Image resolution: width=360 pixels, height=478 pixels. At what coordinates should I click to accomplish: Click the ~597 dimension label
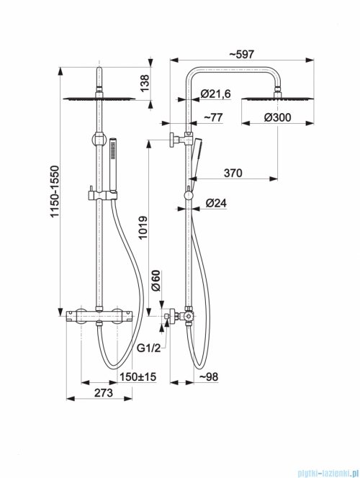(x=241, y=54)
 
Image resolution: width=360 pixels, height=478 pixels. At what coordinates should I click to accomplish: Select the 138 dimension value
(x=145, y=84)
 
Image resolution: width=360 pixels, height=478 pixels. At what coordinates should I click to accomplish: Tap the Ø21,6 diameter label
(x=216, y=94)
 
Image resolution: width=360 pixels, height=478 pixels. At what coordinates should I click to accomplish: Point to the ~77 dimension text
(x=213, y=117)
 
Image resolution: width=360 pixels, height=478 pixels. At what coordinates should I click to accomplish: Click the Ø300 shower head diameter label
(x=277, y=117)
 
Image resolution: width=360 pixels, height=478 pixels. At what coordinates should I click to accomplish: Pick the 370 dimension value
(x=233, y=173)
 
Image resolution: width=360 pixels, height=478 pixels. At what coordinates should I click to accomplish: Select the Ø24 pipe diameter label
(x=216, y=203)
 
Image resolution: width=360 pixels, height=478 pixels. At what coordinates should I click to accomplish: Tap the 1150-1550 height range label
(x=55, y=191)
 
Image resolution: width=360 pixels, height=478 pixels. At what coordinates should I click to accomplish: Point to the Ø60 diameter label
(x=156, y=281)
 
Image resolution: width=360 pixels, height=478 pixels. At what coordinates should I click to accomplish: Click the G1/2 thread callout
(x=148, y=348)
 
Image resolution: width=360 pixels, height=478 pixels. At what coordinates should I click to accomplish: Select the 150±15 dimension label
(x=138, y=376)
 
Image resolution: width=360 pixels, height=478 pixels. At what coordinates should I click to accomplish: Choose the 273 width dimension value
(x=104, y=393)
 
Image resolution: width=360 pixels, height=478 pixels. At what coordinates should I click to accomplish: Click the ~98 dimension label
(x=209, y=376)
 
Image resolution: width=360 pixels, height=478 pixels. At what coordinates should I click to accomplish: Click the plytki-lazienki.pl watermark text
(x=324, y=472)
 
